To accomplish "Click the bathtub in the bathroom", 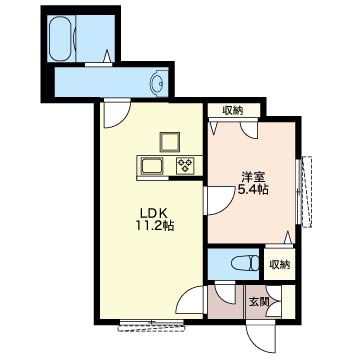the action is pyautogui.click(x=62, y=38).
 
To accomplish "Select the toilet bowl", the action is pyautogui.click(x=245, y=264).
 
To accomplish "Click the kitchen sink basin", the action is pyautogui.click(x=152, y=166).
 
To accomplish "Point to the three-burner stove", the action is pyautogui.click(x=185, y=166).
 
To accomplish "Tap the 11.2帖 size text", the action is pyautogui.click(x=154, y=226).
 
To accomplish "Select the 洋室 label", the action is pyautogui.click(x=253, y=177).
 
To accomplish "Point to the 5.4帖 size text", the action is pyautogui.click(x=253, y=190).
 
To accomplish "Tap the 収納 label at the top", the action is pyautogui.click(x=233, y=110).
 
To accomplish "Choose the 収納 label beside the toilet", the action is pyautogui.click(x=280, y=265).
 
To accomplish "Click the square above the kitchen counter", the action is pyautogui.click(x=170, y=142).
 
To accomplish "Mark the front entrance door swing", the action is pyautogui.click(x=261, y=338).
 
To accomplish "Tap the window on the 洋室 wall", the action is pyautogui.click(x=305, y=191).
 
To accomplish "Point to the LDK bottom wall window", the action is pyautogui.click(x=152, y=325).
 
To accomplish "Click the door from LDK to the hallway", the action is pyautogui.click(x=190, y=300).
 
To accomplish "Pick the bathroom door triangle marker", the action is pyautogui.click(x=107, y=56).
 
